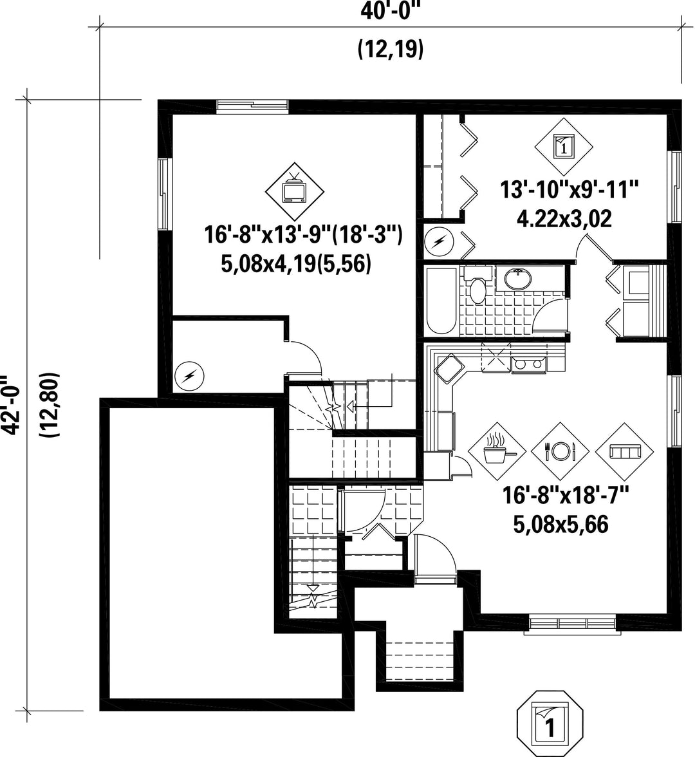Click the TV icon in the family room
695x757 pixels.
(295, 191)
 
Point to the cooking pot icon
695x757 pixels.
(497, 451)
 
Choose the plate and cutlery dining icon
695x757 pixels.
(560, 451)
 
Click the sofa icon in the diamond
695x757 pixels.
(624, 451)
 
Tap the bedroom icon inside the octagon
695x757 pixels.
(550, 724)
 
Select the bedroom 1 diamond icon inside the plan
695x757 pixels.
(564, 146)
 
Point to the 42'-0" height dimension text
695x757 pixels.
(10, 404)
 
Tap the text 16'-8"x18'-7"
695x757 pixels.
(566, 496)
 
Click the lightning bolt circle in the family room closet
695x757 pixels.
(189, 376)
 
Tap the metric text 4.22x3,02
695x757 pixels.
(564, 218)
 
